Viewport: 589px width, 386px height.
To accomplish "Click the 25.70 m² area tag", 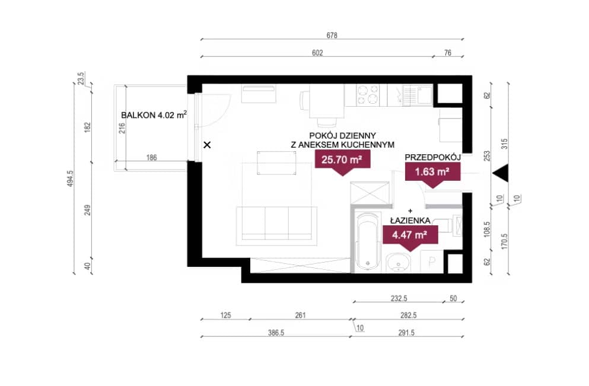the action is [x=343, y=160].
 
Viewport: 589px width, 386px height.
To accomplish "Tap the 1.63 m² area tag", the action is [x=432, y=173].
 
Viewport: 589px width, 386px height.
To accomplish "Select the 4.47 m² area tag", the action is [x=410, y=235].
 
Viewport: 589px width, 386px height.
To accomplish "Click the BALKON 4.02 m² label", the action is [x=154, y=115].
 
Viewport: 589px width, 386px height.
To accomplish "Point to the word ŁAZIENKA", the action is [x=410, y=221].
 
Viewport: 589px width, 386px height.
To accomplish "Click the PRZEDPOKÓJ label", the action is [x=433, y=157].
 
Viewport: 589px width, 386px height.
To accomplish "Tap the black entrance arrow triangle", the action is [x=501, y=174].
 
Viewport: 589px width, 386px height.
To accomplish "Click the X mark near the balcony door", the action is [x=207, y=145].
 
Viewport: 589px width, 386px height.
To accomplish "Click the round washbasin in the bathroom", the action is [x=398, y=262].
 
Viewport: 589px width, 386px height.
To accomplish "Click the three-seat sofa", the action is [x=276, y=225].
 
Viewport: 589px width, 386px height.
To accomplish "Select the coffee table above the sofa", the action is [x=276, y=163].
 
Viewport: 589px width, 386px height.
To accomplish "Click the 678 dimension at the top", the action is [x=332, y=36].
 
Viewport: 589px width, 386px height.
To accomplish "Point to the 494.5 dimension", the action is [x=71, y=178].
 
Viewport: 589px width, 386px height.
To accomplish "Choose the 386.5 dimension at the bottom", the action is [x=276, y=333].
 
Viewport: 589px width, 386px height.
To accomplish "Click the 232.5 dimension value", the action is [x=399, y=298].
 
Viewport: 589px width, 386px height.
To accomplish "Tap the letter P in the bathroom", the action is [x=432, y=261].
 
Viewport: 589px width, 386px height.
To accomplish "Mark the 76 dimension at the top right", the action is [x=448, y=53].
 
